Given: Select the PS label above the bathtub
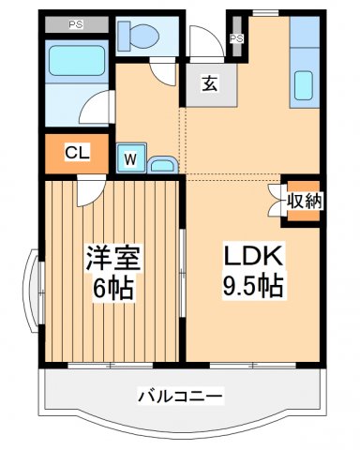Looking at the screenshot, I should pos(75,24).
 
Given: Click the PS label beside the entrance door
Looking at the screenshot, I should pos(236,38).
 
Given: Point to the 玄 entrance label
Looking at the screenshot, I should pos(208,82).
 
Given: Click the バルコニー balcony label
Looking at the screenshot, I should pos(182,397).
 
